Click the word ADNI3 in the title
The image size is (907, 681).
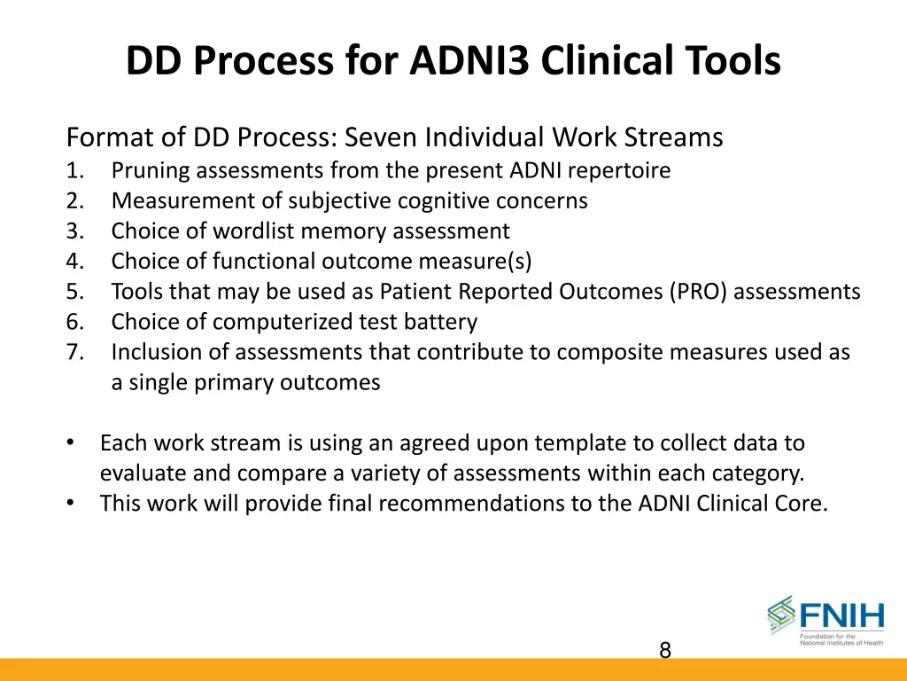coord(472,62)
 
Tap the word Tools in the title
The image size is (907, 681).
coord(730,62)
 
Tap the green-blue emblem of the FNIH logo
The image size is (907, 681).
coord(781,614)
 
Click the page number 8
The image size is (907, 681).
coord(665,651)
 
